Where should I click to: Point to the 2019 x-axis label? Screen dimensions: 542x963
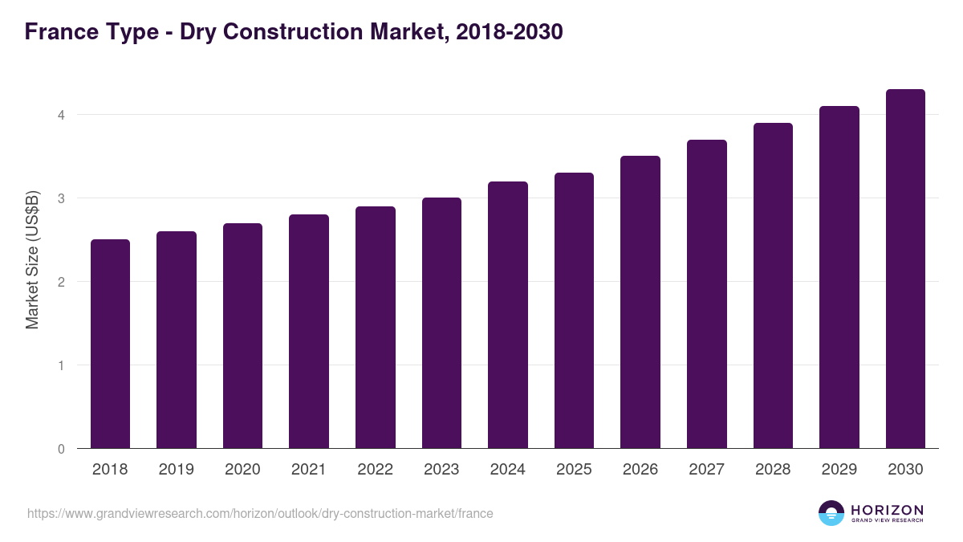click(x=176, y=470)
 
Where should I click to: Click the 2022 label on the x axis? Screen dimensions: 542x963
click(x=375, y=470)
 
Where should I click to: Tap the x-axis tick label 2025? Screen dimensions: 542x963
click(x=574, y=470)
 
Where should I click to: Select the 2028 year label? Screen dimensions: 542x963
click(x=773, y=470)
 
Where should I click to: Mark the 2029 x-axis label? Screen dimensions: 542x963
click(x=839, y=470)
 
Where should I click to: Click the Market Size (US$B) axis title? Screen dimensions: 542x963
click(x=32, y=259)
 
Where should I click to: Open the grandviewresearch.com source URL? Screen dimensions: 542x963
click(x=260, y=513)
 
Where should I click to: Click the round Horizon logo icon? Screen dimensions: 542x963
click(x=831, y=513)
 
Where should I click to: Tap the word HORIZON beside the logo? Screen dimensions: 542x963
click(x=887, y=509)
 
